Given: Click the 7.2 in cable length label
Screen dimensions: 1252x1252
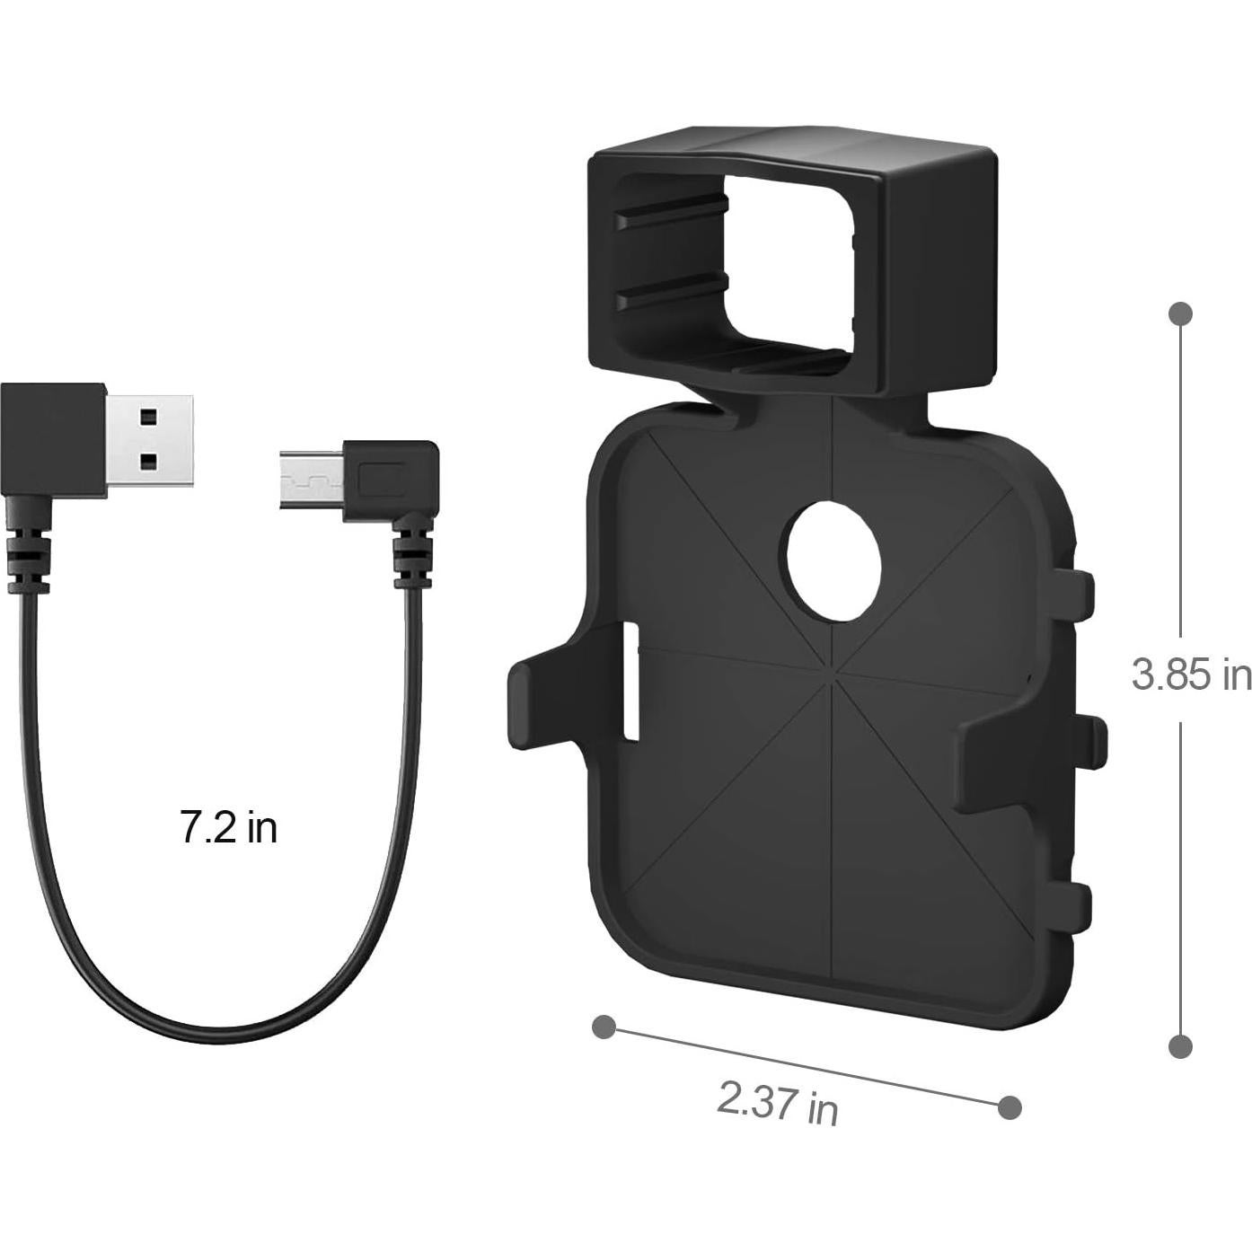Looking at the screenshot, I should pyautogui.click(x=229, y=827).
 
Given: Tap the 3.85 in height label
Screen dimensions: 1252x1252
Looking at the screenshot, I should pyautogui.click(x=1191, y=674).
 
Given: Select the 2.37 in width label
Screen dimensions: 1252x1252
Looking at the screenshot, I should pyautogui.click(x=777, y=1102).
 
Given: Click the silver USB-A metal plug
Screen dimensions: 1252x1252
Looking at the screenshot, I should pyautogui.click(x=150, y=439).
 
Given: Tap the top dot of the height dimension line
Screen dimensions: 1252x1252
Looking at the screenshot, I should pyautogui.click(x=1181, y=313).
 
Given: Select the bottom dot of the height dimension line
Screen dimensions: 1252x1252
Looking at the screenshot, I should pyautogui.click(x=1181, y=1046).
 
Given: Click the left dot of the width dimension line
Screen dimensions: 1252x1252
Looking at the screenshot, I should pyautogui.click(x=604, y=1026).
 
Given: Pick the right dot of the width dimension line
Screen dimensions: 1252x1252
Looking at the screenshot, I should pyautogui.click(x=1010, y=1107).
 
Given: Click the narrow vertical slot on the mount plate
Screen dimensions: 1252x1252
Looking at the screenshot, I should pyautogui.click(x=631, y=683).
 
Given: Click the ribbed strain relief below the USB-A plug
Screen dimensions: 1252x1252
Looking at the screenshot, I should pyautogui.click(x=26, y=558).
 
